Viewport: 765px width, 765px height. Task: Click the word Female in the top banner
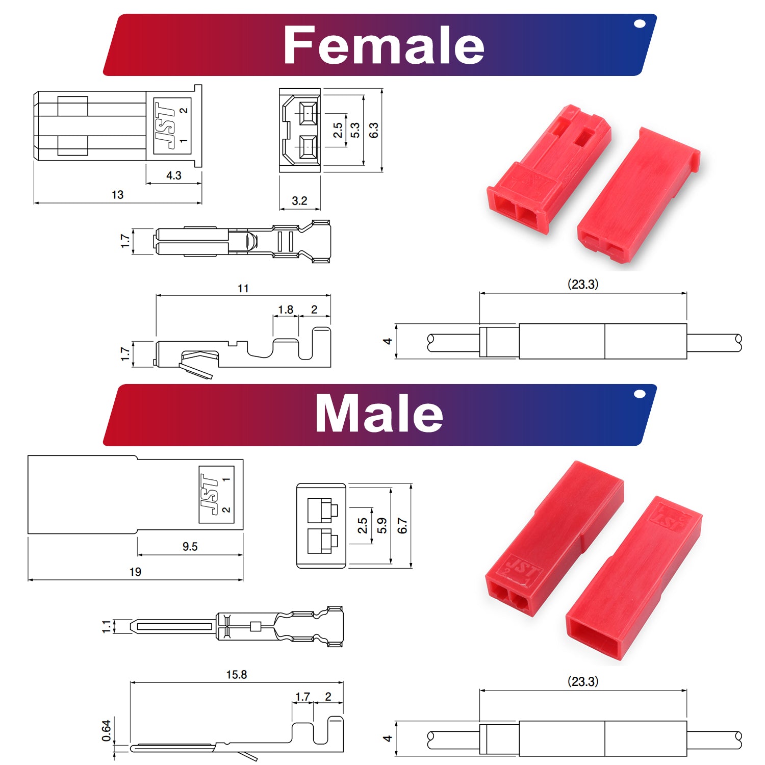384,46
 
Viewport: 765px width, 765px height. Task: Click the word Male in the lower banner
379,414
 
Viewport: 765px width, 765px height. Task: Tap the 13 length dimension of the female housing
117,195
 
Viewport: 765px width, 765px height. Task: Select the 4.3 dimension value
173,175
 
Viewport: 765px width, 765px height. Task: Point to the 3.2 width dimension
299,201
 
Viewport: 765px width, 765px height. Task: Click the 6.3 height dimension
374,130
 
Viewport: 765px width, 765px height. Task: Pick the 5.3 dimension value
355,130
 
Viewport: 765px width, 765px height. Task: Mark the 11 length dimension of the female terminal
243,289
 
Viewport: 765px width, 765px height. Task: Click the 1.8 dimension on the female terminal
286,310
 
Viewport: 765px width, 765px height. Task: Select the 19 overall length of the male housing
135,572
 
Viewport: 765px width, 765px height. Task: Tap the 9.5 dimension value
190,547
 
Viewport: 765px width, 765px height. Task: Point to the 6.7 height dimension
402,526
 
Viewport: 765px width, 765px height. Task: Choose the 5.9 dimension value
382,526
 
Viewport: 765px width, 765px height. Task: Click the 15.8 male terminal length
237,675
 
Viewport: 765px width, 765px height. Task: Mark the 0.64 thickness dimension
106,731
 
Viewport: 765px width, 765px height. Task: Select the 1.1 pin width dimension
106,626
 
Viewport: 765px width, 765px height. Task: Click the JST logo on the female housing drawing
166,125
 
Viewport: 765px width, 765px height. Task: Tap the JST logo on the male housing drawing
209,494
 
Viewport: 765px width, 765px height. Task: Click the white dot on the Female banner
640,23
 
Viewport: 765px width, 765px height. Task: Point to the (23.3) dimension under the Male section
583,681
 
